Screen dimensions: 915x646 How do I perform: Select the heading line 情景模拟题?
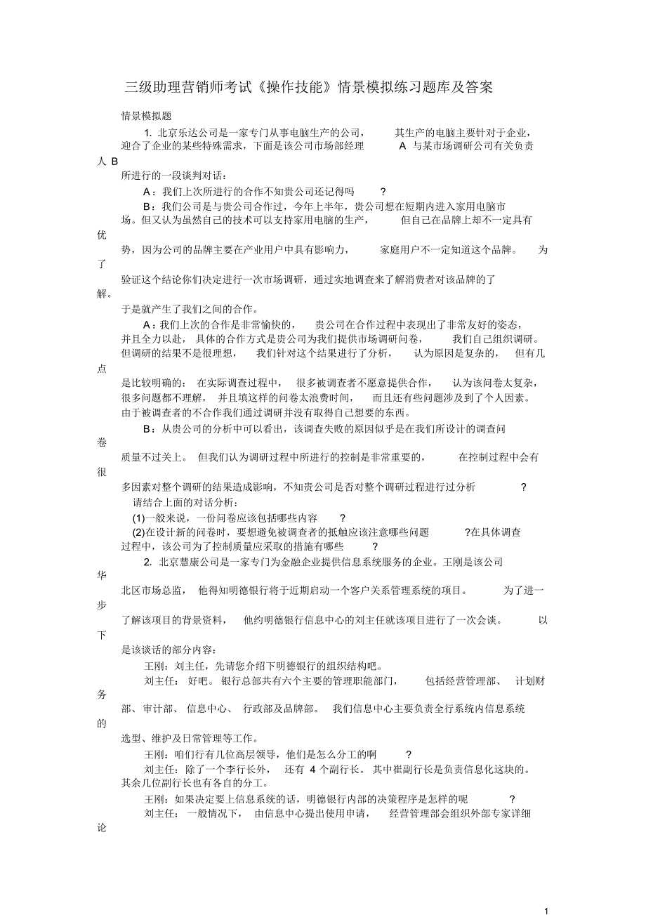pos(147,117)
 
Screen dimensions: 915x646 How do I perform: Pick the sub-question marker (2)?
pos(139,532)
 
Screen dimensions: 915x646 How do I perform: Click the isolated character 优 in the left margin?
pos(102,235)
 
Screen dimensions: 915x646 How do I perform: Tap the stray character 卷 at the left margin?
pos(102,442)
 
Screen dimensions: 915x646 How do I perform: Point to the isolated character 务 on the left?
pos(102,695)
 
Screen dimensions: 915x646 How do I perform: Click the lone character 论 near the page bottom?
pos(102,829)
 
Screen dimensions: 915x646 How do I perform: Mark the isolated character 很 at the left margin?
pos(102,472)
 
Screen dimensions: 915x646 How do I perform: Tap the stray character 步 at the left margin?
pos(102,605)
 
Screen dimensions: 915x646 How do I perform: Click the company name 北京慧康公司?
pos(190,562)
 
